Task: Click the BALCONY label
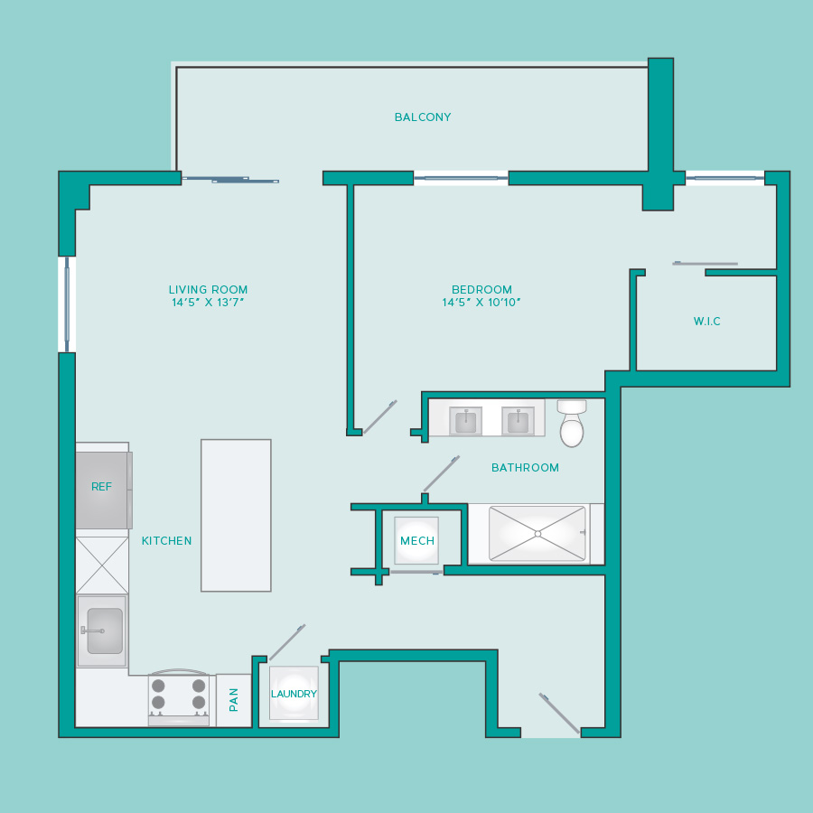423,117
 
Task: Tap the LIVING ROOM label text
208,289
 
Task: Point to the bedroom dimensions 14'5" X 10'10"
481,303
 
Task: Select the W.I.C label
706,321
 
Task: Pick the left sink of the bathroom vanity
465,420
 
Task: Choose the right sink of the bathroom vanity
518,420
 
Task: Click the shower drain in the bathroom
537,534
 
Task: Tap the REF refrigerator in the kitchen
104,490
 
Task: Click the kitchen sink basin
105,631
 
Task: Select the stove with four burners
179,698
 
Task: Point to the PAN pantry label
233,700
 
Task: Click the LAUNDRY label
294,694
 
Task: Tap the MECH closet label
417,541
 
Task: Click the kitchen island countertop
236,516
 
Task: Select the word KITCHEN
166,541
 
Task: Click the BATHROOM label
525,468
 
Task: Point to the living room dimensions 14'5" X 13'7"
208,303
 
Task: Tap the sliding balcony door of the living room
230,180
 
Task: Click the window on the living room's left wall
67,304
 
